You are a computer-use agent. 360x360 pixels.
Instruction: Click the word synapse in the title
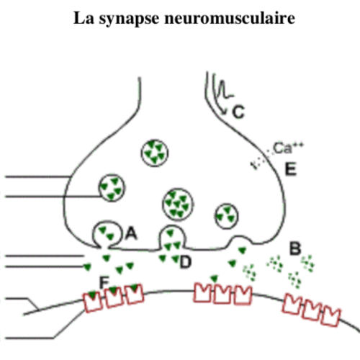click(129, 19)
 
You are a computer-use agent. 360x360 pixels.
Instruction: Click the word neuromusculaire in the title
click(230, 18)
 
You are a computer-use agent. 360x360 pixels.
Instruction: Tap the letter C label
click(238, 112)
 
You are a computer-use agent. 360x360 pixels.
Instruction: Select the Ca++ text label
click(289, 148)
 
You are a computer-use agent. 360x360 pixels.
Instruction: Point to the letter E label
click(291, 169)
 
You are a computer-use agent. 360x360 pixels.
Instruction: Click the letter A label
click(131, 233)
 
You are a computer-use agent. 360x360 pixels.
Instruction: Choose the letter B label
click(295, 248)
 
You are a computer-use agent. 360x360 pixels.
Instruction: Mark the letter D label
click(186, 262)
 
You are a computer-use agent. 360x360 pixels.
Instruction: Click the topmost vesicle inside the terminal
click(155, 153)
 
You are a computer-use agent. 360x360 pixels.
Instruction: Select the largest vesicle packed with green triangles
click(178, 204)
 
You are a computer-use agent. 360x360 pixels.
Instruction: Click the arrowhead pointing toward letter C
click(224, 112)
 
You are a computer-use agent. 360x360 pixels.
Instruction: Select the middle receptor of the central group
click(222, 294)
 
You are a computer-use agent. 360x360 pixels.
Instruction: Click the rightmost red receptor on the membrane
click(331, 317)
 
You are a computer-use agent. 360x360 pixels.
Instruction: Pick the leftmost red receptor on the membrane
click(93, 302)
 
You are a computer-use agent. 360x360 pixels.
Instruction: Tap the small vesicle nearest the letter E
click(227, 216)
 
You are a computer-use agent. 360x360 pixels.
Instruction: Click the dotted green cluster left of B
click(275, 264)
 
